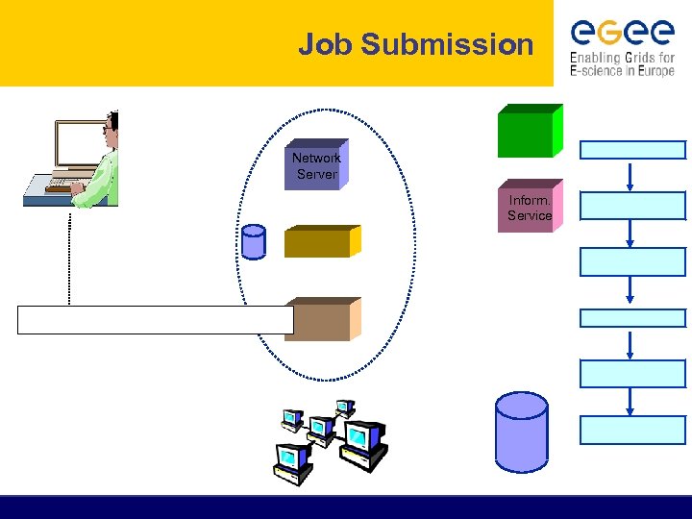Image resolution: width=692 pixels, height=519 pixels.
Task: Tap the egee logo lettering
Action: tap(622, 33)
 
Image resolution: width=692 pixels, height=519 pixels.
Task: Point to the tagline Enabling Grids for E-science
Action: tap(622, 63)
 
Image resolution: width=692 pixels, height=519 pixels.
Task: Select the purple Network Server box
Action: tap(316, 165)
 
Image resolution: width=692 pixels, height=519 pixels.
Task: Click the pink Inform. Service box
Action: tap(530, 207)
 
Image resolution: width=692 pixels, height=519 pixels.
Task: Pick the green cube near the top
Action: tap(528, 132)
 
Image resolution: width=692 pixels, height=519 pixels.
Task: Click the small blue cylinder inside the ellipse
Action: tap(254, 242)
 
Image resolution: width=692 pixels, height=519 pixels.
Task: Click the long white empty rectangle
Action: tap(154, 320)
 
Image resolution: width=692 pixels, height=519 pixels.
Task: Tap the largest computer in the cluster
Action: tap(364, 443)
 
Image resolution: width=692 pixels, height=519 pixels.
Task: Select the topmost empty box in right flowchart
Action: tap(632, 149)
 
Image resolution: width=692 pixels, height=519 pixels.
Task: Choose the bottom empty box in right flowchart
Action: tap(632, 430)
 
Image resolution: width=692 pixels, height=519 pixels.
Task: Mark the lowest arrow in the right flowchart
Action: tap(630, 402)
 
